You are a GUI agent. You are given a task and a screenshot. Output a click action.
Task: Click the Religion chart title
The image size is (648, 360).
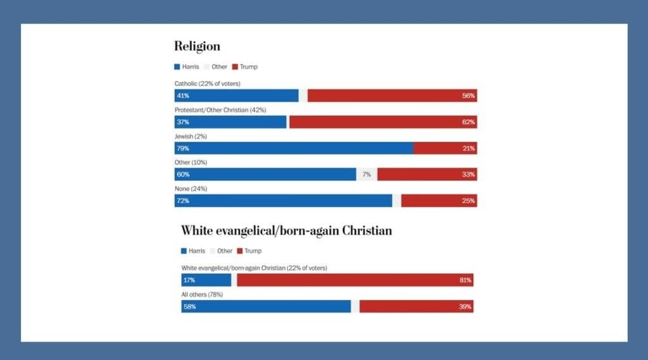(x=197, y=46)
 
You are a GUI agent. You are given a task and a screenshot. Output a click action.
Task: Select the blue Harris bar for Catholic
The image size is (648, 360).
(x=237, y=96)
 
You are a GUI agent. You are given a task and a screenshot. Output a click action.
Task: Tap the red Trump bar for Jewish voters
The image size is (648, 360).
(x=445, y=148)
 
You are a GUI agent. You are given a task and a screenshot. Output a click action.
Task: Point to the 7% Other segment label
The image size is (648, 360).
(x=366, y=175)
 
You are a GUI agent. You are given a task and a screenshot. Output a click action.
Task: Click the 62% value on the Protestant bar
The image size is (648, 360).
(x=468, y=122)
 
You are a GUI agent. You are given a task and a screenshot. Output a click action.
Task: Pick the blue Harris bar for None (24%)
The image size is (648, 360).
(x=283, y=201)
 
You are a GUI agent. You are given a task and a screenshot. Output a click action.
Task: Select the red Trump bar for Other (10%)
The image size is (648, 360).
(x=427, y=175)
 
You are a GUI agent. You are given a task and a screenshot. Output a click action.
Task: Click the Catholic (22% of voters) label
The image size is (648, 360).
(x=208, y=84)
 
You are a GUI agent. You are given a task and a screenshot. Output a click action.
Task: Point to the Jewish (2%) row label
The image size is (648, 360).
(x=190, y=136)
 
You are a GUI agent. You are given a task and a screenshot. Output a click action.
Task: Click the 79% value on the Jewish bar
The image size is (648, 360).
(x=183, y=149)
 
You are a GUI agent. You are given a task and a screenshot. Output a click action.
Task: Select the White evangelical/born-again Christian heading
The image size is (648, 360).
(x=286, y=230)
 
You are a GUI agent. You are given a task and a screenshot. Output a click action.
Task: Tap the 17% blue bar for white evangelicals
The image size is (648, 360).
(x=206, y=280)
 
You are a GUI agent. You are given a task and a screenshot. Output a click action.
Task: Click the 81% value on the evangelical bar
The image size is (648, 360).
(x=465, y=280)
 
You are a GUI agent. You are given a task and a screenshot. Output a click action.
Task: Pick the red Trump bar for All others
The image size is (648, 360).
(x=416, y=306)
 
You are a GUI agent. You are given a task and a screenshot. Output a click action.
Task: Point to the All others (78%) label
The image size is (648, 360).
(x=202, y=294)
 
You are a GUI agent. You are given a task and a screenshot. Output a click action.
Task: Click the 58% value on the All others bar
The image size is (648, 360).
(x=190, y=307)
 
